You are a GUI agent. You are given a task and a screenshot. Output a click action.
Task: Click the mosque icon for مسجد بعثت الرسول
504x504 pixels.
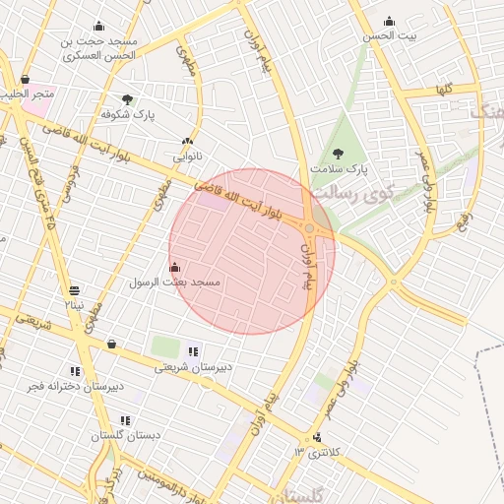coord(175,266)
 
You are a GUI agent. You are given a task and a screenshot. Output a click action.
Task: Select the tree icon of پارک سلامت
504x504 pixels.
coord(339,154)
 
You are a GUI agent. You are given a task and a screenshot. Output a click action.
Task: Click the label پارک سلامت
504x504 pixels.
coord(340,169)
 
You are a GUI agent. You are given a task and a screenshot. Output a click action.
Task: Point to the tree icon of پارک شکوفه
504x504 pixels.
coord(128,99)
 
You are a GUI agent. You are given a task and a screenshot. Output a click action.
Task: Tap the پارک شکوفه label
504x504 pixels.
coord(128,114)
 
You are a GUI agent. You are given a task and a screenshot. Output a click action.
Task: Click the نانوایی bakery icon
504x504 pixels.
coord(187,142)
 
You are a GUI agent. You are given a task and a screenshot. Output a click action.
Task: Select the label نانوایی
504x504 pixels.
coord(187,157)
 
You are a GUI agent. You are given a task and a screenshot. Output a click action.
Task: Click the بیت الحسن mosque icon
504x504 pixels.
coord(389,22)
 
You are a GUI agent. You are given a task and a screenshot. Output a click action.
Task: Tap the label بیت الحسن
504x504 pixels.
coord(391,35)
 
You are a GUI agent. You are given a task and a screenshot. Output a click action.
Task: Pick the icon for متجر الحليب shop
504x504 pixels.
coord(25,80)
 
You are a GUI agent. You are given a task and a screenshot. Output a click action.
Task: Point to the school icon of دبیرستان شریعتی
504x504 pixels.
coord(193,351)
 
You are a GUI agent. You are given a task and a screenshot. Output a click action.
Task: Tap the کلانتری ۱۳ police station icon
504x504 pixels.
coord(317,437)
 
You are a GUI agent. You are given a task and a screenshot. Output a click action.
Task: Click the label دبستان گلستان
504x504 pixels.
coord(126,435)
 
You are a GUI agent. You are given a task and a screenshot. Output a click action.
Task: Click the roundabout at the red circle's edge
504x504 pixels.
coord(309,229)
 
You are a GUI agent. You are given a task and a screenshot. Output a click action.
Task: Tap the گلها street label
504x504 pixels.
coord(444,89)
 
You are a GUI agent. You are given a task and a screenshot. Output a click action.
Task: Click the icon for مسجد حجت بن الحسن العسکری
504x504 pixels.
coord(98,27)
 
